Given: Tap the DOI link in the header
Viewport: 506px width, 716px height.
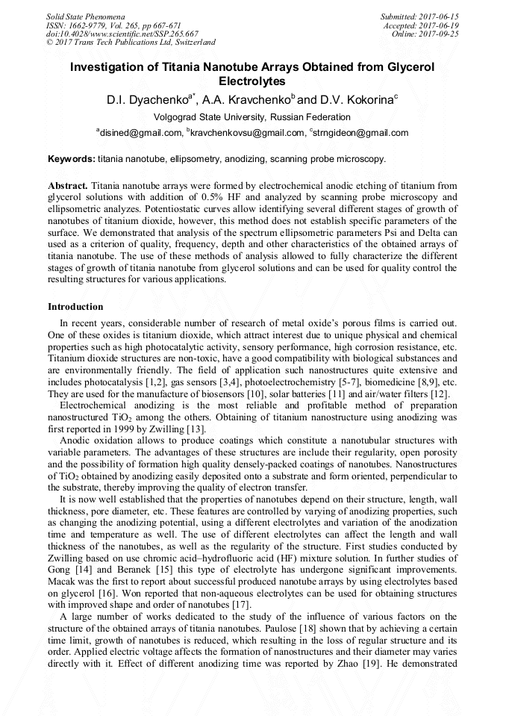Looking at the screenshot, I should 122,34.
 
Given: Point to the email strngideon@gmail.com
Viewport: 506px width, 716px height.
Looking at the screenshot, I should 348,133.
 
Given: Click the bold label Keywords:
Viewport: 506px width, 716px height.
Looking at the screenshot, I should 72,159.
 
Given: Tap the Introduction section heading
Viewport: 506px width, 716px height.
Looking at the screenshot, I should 75,306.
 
